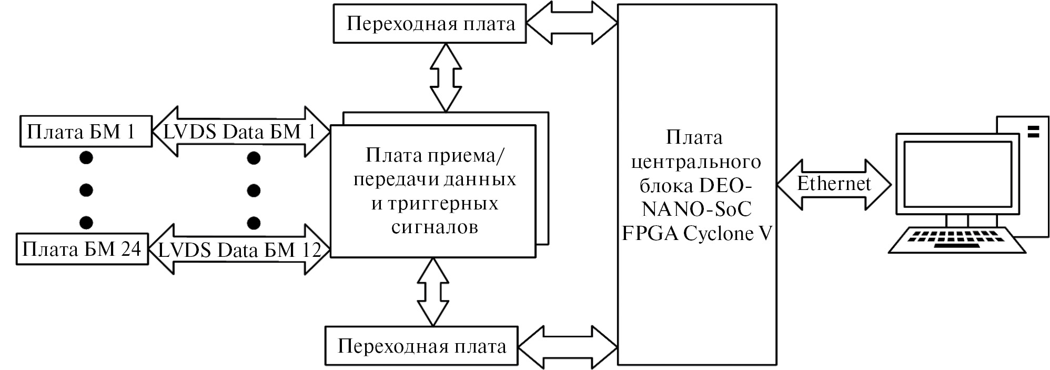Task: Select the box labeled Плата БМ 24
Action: (82, 248)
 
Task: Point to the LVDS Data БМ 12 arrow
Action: (239, 249)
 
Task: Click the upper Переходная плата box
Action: (430, 24)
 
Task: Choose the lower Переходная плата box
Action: (421, 346)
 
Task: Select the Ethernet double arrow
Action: (834, 184)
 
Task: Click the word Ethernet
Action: (834, 183)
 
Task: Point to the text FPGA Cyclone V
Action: (696, 233)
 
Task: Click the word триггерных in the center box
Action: (435, 203)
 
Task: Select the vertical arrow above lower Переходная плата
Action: (433, 292)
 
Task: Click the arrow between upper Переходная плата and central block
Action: (572, 24)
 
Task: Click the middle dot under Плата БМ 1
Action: (86, 189)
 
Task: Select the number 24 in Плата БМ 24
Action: (131, 248)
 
